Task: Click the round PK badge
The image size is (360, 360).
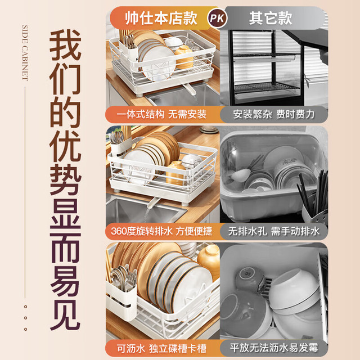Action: coord(217,19)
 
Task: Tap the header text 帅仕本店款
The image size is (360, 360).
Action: coord(161,19)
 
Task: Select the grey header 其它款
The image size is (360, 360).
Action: coord(271,19)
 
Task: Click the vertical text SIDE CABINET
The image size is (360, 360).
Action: coord(25,53)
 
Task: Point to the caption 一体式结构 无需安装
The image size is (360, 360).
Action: coord(161,114)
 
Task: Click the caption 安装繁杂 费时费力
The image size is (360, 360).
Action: coord(274,114)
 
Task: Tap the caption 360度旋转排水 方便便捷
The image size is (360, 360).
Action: coord(161,231)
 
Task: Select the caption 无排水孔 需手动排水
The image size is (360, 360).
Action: coord(274,231)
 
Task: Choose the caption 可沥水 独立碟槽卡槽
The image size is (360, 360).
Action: coord(161,348)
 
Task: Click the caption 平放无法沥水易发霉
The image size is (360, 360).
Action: coord(274,348)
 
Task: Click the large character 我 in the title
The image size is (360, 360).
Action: coord(65,45)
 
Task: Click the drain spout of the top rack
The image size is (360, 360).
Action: coord(190,89)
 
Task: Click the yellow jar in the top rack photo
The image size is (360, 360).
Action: coord(184,57)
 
